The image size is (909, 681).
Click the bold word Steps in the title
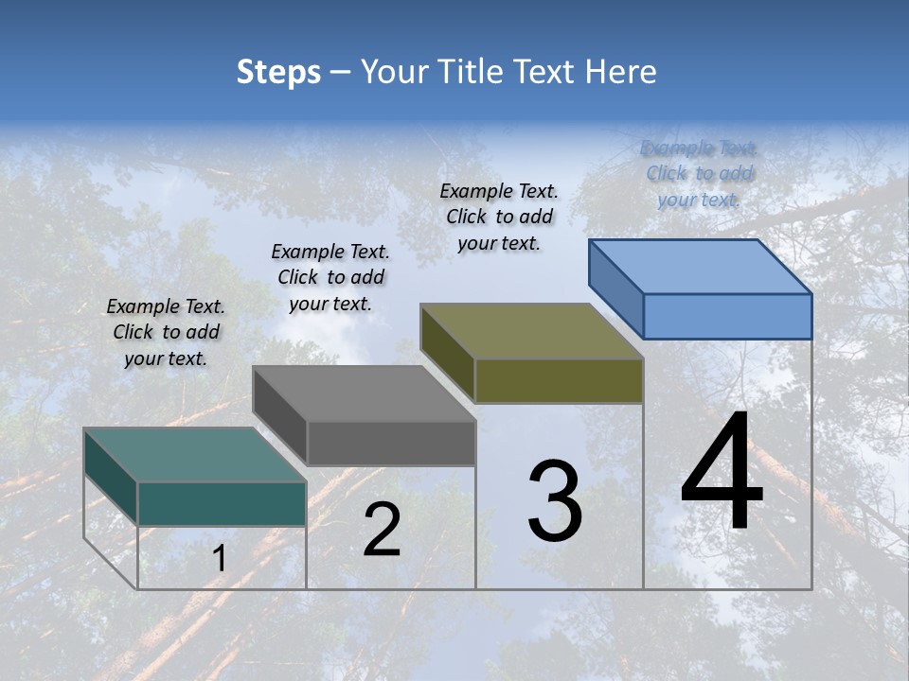(x=278, y=73)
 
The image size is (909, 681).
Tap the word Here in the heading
(x=620, y=72)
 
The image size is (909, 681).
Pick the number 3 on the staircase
(x=555, y=501)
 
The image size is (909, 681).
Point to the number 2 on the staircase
(x=382, y=530)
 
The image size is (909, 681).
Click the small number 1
(x=220, y=559)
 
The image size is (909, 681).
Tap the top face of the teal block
(x=194, y=455)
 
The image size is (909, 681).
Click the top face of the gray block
(x=363, y=393)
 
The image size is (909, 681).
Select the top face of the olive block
(x=531, y=331)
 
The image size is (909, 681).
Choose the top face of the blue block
(x=700, y=267)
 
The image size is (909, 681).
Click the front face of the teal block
(x=222, y=503)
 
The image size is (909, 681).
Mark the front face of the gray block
(x=391, y=443)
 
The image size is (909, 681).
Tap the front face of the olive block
(x=559, y=381)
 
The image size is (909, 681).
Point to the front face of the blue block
(x=727, y=316)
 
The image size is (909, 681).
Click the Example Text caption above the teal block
(x=166, y=332)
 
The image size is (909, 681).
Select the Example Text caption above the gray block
(x=330, y=277)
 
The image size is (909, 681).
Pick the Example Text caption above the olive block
(x=499, y=217)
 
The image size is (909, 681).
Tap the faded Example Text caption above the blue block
(x=700, y=173)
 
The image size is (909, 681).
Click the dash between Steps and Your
(x=340, y=73)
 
